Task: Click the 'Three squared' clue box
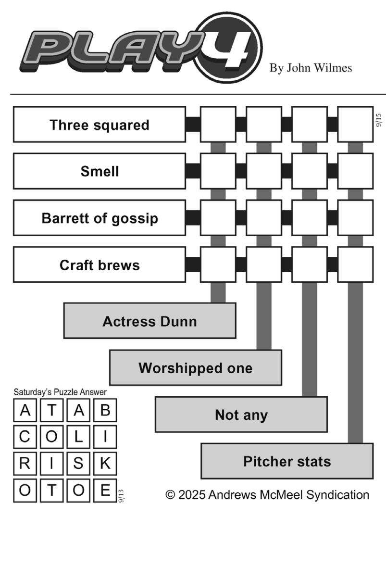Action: [100, 125]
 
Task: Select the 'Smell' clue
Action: [100, 171]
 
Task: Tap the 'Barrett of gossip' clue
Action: [100, 218]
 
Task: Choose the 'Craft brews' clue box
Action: [100, 264]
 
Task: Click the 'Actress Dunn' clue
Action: [150, 321]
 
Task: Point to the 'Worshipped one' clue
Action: [196, 367]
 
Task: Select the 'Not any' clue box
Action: [241, 415]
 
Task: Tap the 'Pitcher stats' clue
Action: [287, 461]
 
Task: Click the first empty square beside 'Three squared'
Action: [218, 125]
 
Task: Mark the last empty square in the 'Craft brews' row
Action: [356, 264]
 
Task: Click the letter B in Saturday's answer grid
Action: [105, 410]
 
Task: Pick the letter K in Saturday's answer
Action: [105, 463]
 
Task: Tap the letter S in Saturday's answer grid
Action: [78, 463]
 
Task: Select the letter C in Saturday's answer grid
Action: [25, 437]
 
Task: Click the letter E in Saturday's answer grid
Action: [105, 490]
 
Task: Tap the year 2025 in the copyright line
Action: [192, 495]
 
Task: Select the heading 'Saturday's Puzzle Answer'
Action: [60, 392]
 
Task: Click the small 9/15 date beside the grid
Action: [378, 120]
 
